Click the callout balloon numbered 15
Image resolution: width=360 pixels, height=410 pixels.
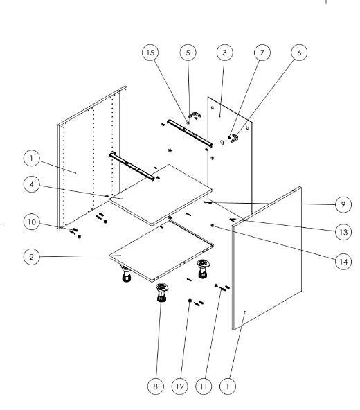150,53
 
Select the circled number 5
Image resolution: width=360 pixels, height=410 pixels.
188,53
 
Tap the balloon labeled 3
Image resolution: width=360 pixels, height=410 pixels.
224,53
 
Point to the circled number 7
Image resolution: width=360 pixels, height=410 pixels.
262,53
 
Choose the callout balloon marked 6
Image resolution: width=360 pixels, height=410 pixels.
299,53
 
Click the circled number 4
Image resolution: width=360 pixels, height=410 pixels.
32,184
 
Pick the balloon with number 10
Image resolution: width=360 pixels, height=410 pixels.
32,222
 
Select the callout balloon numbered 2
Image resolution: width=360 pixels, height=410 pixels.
32,257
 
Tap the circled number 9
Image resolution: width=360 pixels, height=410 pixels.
343,204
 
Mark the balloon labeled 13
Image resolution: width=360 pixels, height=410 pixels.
343,232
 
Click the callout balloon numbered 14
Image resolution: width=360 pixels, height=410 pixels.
343,262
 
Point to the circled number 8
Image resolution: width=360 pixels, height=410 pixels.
156,386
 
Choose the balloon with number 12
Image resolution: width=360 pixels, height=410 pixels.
180,386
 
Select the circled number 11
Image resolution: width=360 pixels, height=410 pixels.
204,386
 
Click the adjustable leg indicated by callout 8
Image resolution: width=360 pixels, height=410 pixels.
162,292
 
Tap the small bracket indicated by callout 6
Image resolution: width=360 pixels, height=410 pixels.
235,139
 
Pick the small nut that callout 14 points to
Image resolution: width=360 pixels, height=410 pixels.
213,225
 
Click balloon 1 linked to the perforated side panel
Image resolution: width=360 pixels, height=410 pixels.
32,158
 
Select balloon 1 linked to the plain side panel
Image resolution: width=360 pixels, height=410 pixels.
228,386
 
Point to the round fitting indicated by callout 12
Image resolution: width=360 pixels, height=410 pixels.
190,301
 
